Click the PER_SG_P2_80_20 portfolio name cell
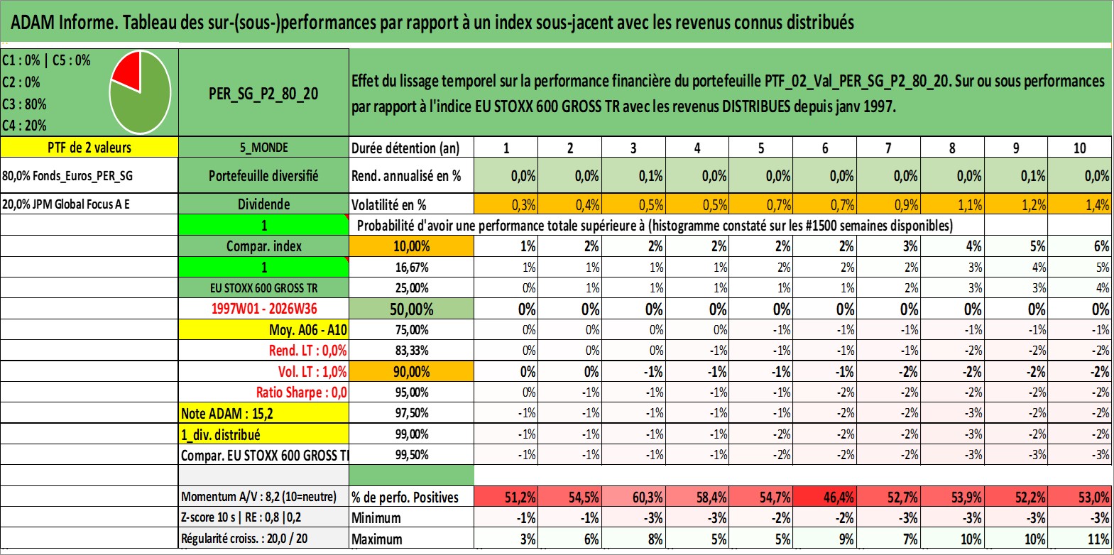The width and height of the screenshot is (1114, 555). pyautogui.click(x=263, y=92)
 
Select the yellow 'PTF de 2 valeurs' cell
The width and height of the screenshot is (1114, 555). pyautogui.click(x=89, y=147)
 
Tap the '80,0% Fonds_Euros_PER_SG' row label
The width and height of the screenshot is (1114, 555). pyautogui.click(x=67, y=175)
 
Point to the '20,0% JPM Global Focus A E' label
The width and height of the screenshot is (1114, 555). pyautogui.click(x=66, y=204)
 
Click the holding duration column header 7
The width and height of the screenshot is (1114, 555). pyautogui.click(x=888, y=148)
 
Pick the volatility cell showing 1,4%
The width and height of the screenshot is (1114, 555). pyautogui.click(x=1080, y=204)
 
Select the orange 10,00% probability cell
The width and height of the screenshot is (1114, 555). pyautogui.click(x=412, y=246)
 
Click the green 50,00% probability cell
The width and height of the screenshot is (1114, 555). pyautogui.click(x=412, y=309)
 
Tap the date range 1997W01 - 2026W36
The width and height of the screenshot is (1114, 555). pyautogui.click(x=264, y=309)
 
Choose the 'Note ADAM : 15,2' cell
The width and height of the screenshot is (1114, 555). pyautogui.click(x=263, y=413)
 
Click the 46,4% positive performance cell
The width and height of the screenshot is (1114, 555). pyautogui.click(x=824, y=497)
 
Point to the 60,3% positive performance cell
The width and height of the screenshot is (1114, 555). pyautogui.click(x=633, y=497)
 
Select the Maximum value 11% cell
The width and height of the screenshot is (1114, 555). pyautogui.click(x=1080, y=539)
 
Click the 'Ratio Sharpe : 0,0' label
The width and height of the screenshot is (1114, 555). pyautogui.click(x=301, y=392)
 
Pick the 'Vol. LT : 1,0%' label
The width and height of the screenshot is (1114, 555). pyautogui.click(x=312, y=371)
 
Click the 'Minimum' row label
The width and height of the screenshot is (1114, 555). pyautogui.click(x=376, y=517)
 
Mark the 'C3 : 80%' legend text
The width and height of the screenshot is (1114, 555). pyautogui.click(x=24, y=104)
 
